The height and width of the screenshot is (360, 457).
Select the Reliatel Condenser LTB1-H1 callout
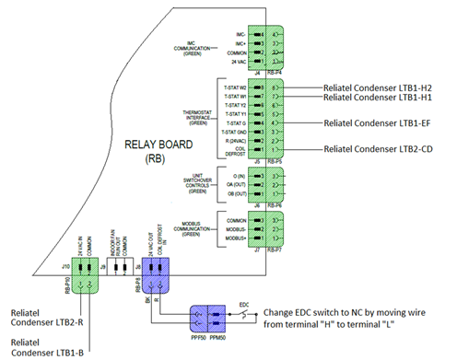378,98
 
